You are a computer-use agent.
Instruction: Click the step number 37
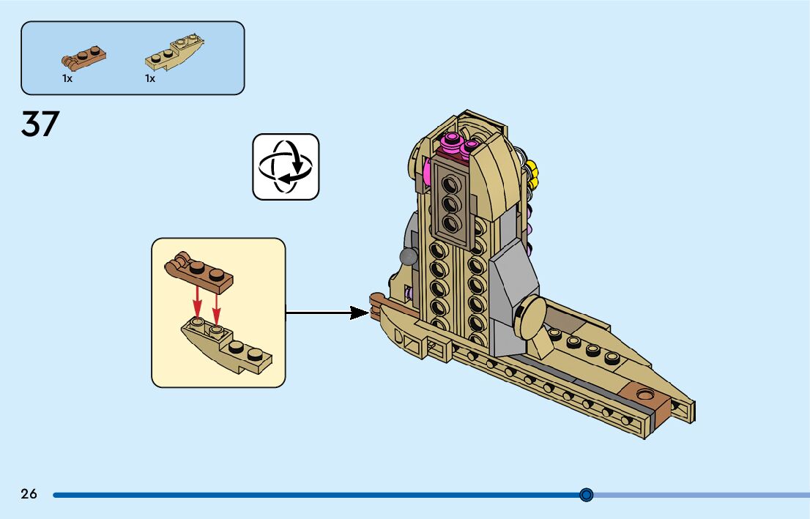40,124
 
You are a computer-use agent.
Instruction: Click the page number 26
29,494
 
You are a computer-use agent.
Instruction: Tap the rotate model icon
286,167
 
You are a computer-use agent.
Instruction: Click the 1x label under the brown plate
67,78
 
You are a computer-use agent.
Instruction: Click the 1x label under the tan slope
150,78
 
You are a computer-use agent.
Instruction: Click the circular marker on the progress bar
586,495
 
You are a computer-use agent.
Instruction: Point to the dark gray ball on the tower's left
407,256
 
